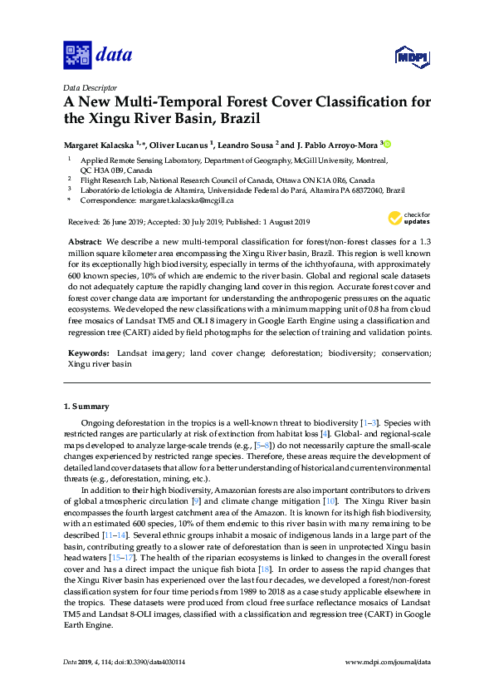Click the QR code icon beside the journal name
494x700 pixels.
[x=77, y=56]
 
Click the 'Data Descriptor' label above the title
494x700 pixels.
[x=88, y=87]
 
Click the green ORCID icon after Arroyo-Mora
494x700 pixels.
[x=386, y=143]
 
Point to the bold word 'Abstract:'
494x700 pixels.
[x=84, y=239]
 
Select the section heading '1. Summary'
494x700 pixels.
[x=86, y=407]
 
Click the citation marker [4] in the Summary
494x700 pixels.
[x=326, y=433]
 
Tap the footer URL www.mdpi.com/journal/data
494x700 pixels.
[x=387, y=684]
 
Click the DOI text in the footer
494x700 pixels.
[x=150, y=684]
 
